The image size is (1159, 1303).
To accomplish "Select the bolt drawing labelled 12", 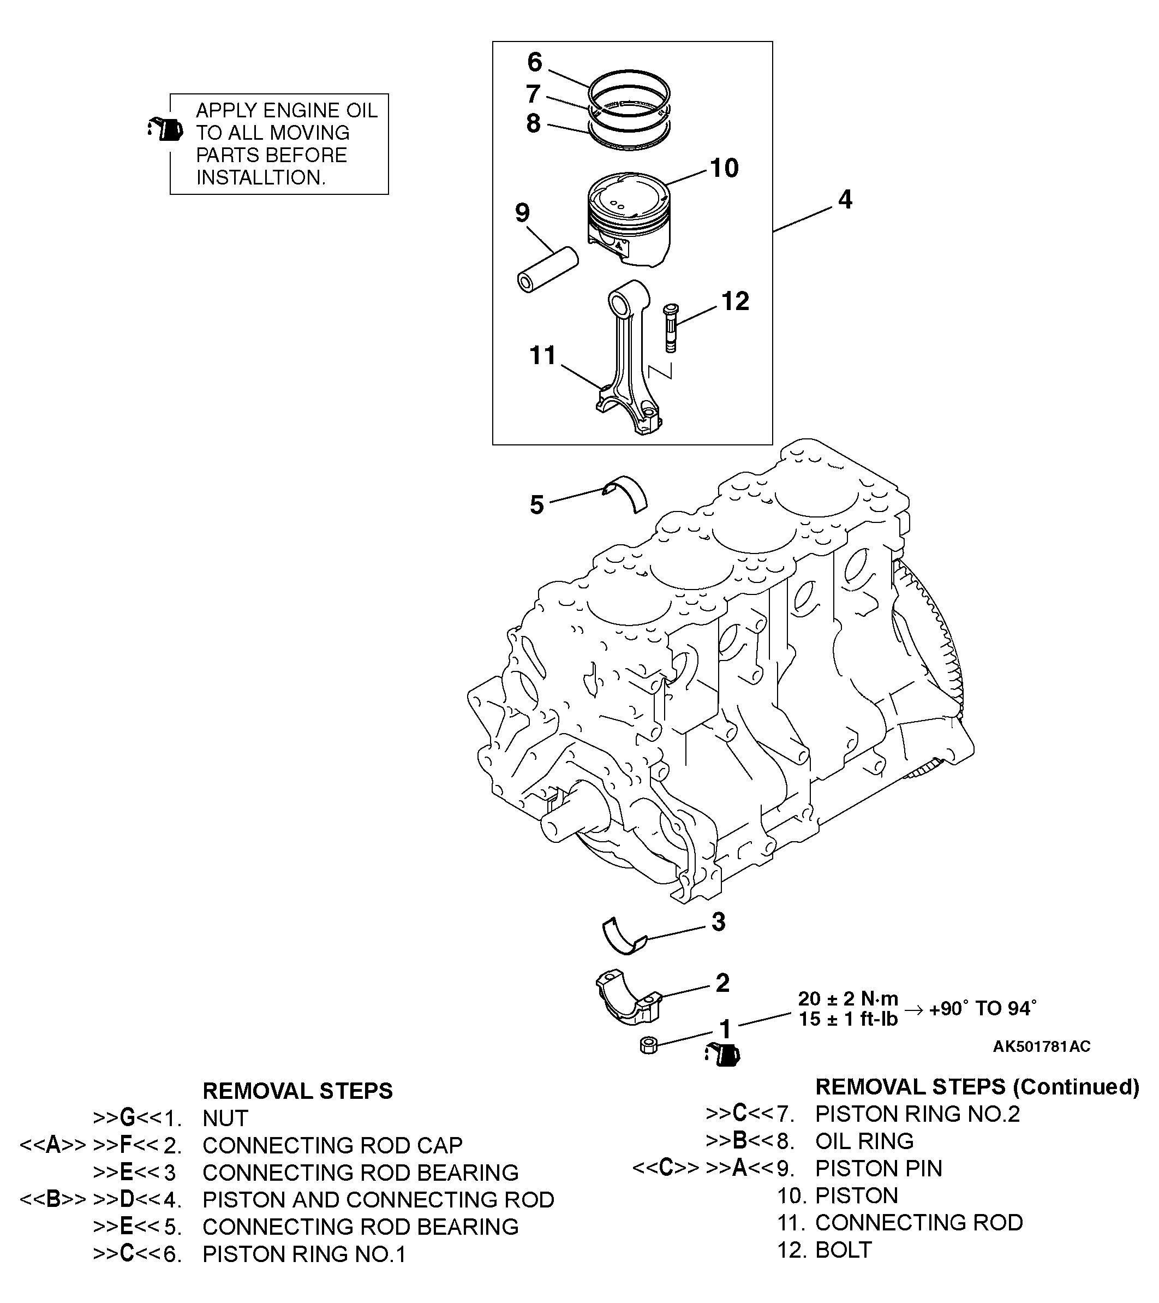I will pos(670,328).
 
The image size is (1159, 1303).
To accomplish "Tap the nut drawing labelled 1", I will pos(648,1045).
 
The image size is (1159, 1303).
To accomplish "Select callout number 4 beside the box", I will pos(845,200).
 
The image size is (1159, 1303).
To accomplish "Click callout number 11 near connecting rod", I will pos(543,355).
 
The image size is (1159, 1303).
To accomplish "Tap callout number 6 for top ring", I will pos(535,62).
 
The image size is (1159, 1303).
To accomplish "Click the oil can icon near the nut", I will pos(723,1055).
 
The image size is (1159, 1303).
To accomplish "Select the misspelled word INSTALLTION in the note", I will pos(261,177).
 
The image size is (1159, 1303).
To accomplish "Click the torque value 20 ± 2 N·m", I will pos(847,998).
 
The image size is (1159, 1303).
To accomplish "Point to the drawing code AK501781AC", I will pos(1041,1046).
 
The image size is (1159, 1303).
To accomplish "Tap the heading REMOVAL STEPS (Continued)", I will pos(977,1086).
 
